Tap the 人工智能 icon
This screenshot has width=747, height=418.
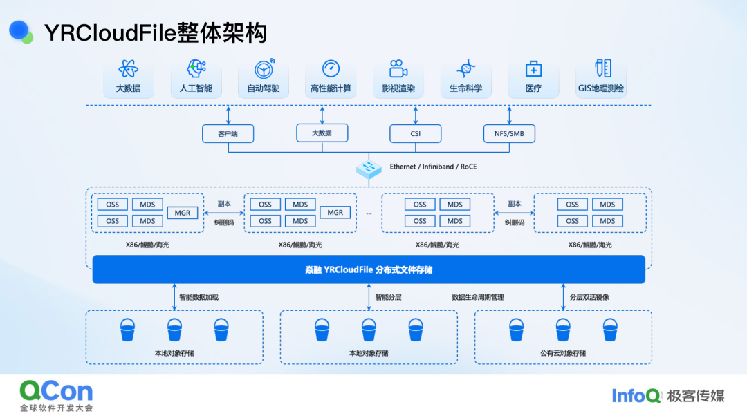[196, 68]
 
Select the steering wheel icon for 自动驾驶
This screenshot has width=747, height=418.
[264, 69]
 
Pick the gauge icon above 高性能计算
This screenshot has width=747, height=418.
[331, 68]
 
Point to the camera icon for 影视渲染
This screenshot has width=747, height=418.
[398, 69]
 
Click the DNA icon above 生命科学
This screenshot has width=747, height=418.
[466, 69]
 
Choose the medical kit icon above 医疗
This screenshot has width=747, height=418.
[533, 69]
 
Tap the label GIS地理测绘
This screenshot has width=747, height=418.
[601, 88]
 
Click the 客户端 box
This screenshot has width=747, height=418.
[228, 133]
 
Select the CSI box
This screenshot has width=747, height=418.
[416, 133]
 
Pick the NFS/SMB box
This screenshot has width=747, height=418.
[509, 133]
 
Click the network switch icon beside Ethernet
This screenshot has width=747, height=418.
[369, 168]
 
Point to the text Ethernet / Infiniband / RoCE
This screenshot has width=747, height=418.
[433, 167]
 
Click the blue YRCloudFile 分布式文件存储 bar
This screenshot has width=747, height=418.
[369, 269]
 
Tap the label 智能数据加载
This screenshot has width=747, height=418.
[199, 298]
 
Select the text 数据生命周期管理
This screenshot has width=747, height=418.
[478, 298]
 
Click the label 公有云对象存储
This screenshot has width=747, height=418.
[563, 353]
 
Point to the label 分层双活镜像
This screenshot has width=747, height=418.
[589, 298]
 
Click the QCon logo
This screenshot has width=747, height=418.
[56, 392]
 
